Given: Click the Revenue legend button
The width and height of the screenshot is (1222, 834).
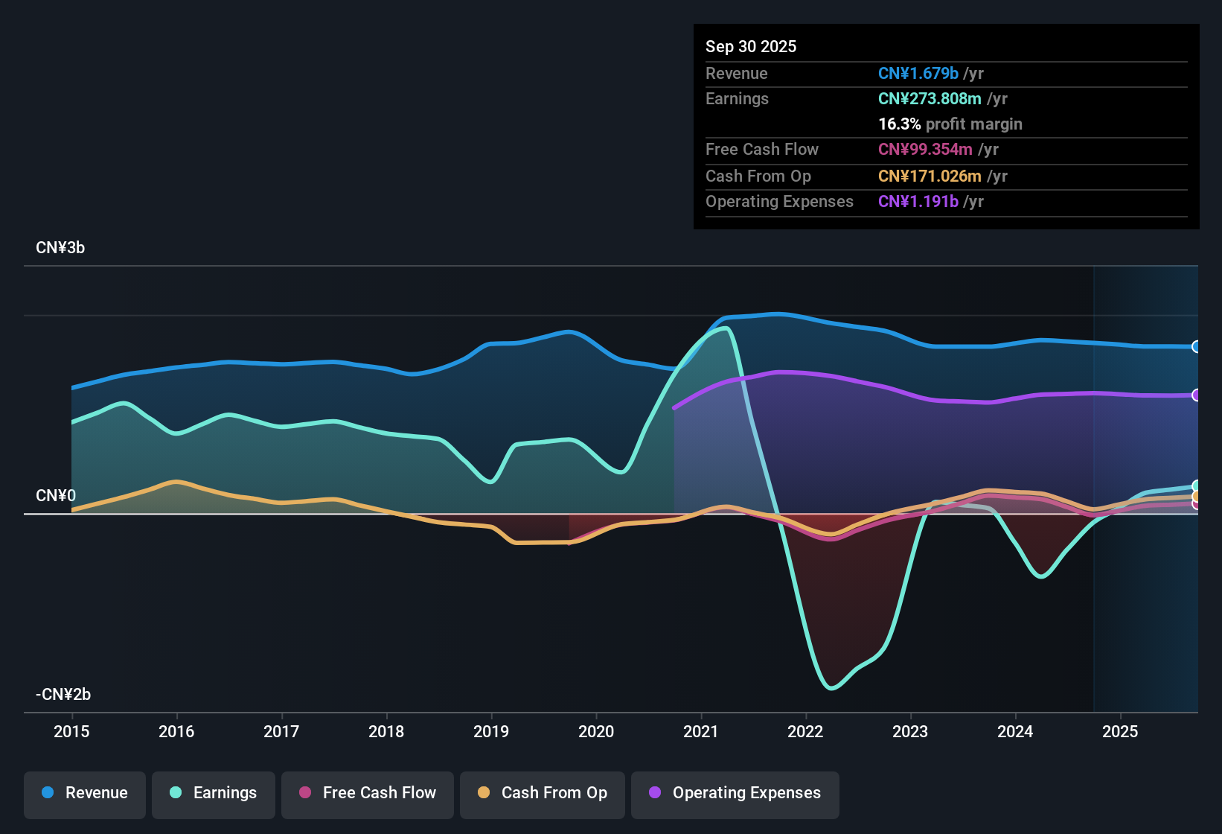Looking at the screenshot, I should (85, 793).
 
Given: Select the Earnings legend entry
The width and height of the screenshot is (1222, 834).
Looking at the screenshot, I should (214, 793).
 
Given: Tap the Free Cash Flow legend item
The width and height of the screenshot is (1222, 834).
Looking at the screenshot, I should (368, 793).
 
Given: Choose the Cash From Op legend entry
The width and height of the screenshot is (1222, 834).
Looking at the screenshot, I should (543, 793).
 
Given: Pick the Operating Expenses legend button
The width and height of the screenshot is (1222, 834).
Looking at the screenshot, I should (735, 793).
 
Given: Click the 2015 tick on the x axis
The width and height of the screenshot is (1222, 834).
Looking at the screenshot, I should (71, 731).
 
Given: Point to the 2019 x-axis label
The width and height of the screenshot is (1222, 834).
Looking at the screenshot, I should (491, 731).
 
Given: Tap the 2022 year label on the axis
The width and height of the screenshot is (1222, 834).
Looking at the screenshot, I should (805, 731).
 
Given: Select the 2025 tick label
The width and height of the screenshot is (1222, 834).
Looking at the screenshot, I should (1120, 731).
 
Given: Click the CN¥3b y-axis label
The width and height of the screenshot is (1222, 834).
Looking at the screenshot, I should (60, 248).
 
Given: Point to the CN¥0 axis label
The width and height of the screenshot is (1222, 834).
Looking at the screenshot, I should (56, 496).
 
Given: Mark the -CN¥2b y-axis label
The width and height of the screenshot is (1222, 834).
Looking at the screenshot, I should (63, 695).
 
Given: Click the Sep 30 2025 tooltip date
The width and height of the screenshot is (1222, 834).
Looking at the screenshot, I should (751, 47).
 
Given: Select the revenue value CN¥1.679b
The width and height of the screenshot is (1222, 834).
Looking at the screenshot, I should (918, 74).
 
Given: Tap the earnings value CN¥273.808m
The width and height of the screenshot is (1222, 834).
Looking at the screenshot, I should (930, 99).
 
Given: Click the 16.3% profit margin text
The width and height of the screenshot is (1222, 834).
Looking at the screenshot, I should (950, 124).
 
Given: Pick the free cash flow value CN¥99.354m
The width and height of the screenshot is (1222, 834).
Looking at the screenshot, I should (925, 150).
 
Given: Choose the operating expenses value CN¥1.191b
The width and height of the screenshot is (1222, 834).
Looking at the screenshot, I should (918, 202).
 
